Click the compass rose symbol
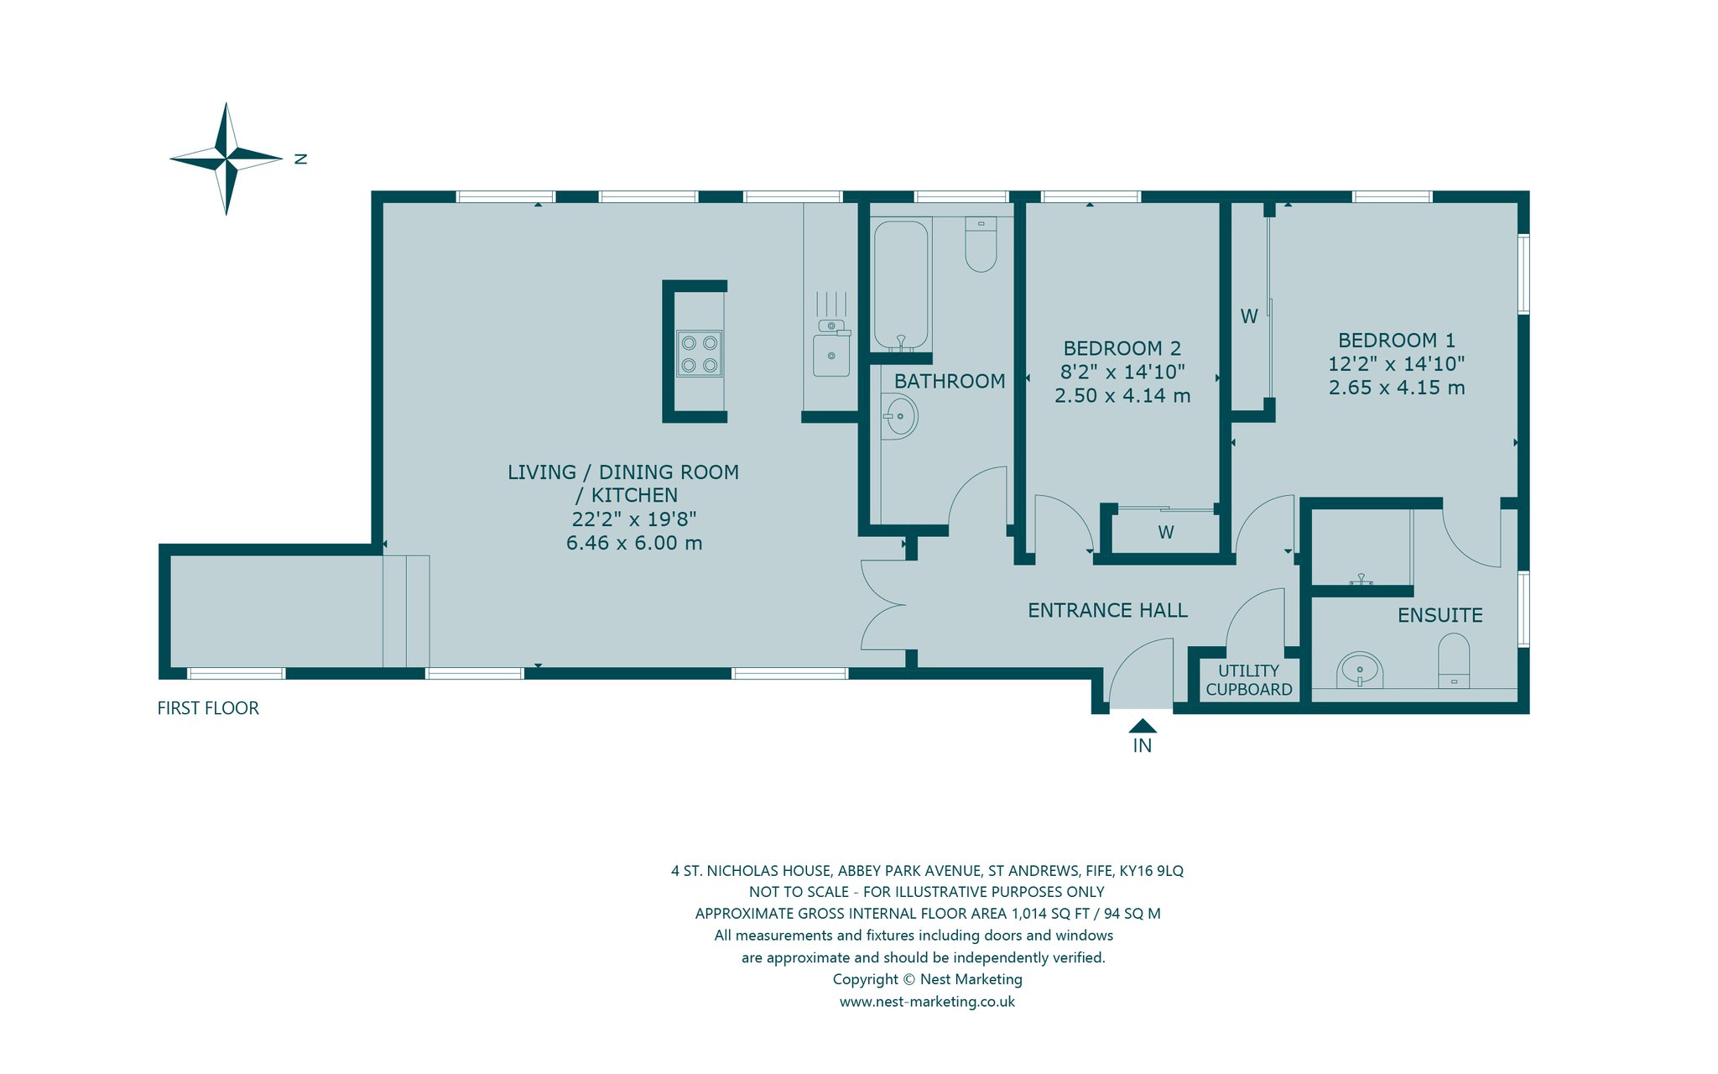coord(226,159)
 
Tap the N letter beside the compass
coord(301,159)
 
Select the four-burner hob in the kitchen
coord(700,353)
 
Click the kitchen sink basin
coord(831,356)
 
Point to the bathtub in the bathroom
coord(901,284)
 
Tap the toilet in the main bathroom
coord(981,244)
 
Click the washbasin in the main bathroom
coord(899,415)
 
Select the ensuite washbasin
coord(1359,670)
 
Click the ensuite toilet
coord(1454,661)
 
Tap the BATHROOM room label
coord(950,382)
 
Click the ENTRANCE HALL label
coord(1107,611)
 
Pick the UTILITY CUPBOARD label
coord(1249,680)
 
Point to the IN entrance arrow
coord(1143,726)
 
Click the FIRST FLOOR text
coord(208,708)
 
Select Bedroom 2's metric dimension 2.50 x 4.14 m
coord(1122,395)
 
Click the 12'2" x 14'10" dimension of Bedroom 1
coord(1396,364)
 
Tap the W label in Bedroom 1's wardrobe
coord(1249,316)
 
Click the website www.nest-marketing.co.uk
coord(927,1002)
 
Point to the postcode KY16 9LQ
coord(1151,871)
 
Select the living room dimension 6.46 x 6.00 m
coord(634,543)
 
